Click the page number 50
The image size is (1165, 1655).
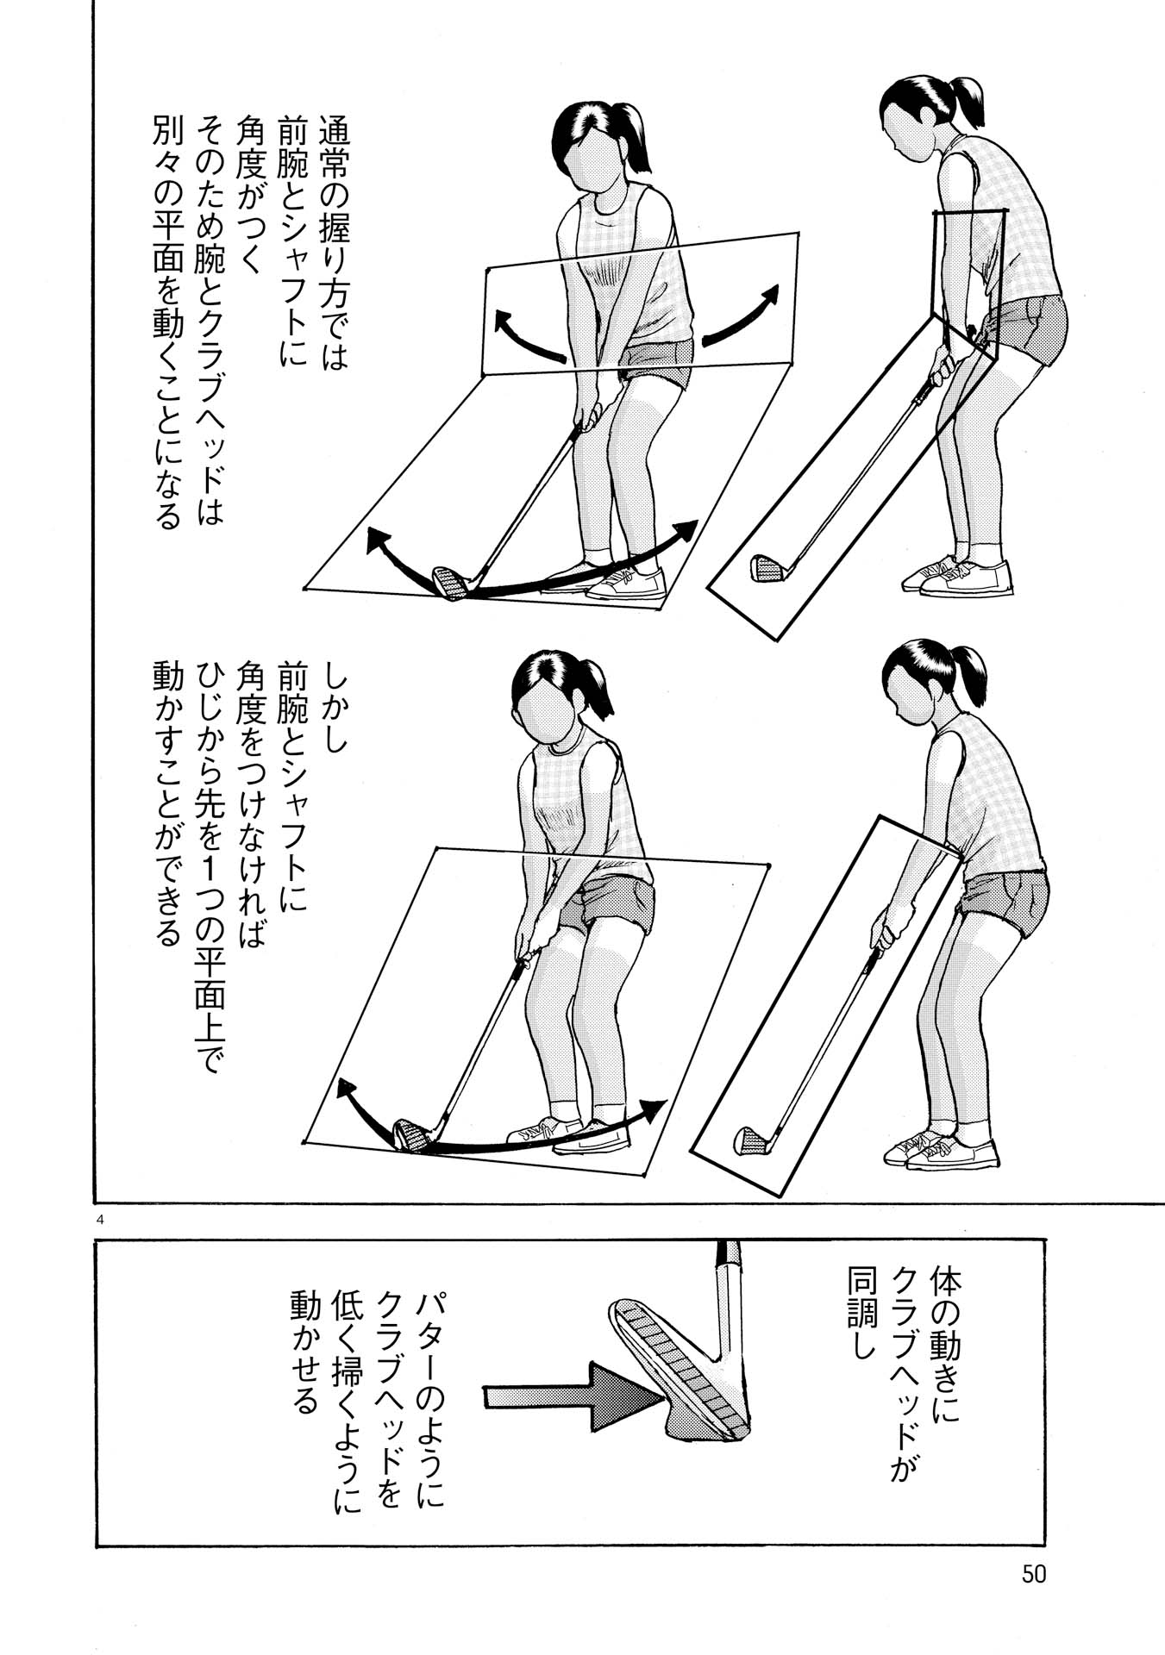tap(1033, 1574)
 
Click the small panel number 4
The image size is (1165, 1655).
tap(102, 1219)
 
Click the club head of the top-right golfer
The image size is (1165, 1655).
tap(767, 568)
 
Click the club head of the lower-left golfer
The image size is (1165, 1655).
tap(411, 1134)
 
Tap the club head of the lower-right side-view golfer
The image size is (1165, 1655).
tap(749, 1140)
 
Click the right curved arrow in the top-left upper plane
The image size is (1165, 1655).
tap(742, 315)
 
